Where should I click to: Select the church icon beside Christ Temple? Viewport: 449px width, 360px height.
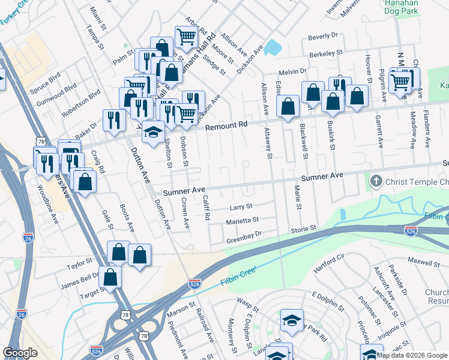coord(376,181)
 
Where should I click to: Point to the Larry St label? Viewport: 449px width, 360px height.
coord(241,207)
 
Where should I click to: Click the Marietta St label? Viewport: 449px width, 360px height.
coord(242,221)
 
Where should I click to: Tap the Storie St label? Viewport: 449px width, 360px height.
coord(304,229)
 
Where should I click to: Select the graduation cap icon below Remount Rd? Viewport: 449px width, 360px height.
coord(153,131)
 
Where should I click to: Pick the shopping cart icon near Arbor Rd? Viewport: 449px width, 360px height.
coord(186,37)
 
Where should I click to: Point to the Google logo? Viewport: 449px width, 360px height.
coord(20,353)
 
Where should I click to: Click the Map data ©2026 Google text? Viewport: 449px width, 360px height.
coord(412,355)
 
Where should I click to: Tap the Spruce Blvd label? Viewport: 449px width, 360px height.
coord(46,79)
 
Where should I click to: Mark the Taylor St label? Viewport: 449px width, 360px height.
coord(80,263)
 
